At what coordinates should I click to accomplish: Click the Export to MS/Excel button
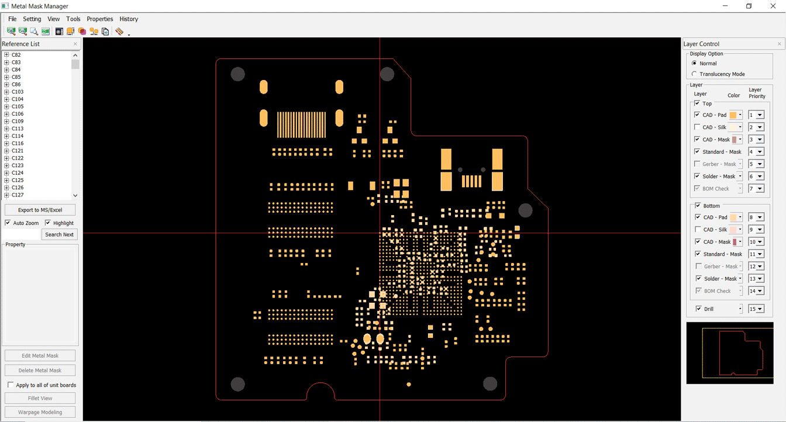pos(40,210)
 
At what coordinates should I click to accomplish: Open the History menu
pos(129,19)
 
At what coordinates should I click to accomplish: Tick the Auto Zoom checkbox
pos(8,223)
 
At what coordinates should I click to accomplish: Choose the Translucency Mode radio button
pos(694,74)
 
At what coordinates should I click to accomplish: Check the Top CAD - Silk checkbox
pos(697,127)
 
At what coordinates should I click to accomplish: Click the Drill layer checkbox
pos(699,309)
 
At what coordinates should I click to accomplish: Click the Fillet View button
pos(40,398)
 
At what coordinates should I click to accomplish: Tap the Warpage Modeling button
pos(40,412)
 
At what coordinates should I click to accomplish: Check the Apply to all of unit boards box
pos(11,385)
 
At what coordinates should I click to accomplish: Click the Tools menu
pos(73,19)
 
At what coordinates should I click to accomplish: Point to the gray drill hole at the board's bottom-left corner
pos(238,385)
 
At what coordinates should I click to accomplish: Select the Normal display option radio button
pos(694,63)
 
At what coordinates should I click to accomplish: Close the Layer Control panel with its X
pos(780,44)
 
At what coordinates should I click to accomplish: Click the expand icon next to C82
pos(6,55)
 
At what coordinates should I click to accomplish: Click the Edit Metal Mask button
pos(40,356)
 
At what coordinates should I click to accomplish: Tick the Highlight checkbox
pos(48,223)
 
